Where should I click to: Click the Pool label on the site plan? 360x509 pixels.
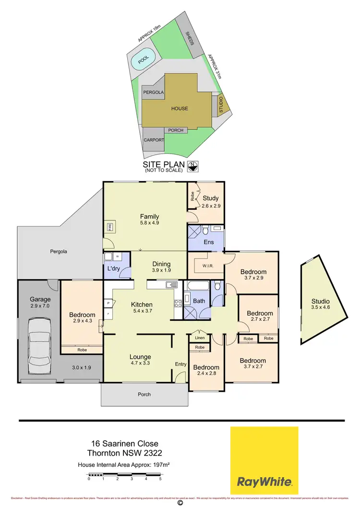tap(144, 60)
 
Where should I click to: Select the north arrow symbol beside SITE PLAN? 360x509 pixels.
tap(192, 166)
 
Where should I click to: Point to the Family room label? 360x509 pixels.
tap(149, 217)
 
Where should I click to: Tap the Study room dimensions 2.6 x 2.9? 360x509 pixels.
tap(211, 206)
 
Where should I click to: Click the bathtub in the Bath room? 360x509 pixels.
tap(197, 287)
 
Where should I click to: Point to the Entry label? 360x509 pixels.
tap(180, 364)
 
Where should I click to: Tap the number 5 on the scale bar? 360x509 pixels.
tap(160, 479)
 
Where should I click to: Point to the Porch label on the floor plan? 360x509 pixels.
tap(144, 395)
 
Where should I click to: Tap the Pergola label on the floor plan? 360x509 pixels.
tap(60, 251)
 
